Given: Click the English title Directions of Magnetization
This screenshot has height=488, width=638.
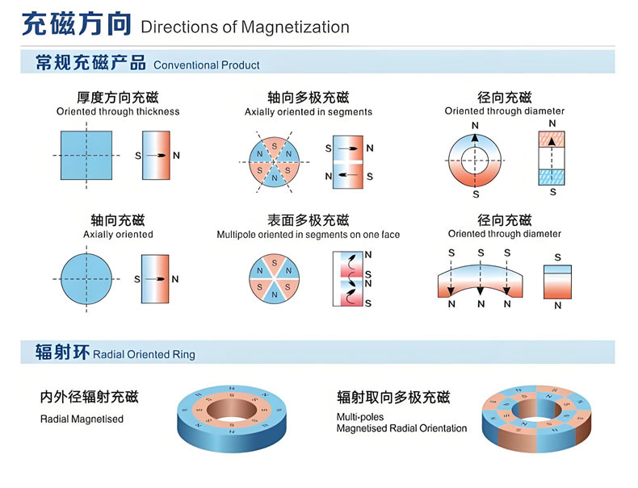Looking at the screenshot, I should coord(245,27).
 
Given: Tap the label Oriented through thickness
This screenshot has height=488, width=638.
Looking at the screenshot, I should coord(118,111).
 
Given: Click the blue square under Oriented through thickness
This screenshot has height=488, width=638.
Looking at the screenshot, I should coord(90,154).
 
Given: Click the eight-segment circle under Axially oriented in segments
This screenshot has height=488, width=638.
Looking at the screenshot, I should coord(274,161).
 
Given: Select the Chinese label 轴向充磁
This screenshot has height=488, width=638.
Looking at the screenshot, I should coord(118,220).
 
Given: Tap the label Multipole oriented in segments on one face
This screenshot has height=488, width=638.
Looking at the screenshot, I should coord(309,235).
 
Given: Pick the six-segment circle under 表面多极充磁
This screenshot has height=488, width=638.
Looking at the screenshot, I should coord(274,277).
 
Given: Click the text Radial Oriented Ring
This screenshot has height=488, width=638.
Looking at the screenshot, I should coord(145,354).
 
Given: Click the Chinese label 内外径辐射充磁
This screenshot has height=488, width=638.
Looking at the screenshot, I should coord(89,397).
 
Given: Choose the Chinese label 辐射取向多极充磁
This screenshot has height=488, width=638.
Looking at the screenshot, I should coord(393,397).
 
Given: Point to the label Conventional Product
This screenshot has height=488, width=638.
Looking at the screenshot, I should coord(207,65).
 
